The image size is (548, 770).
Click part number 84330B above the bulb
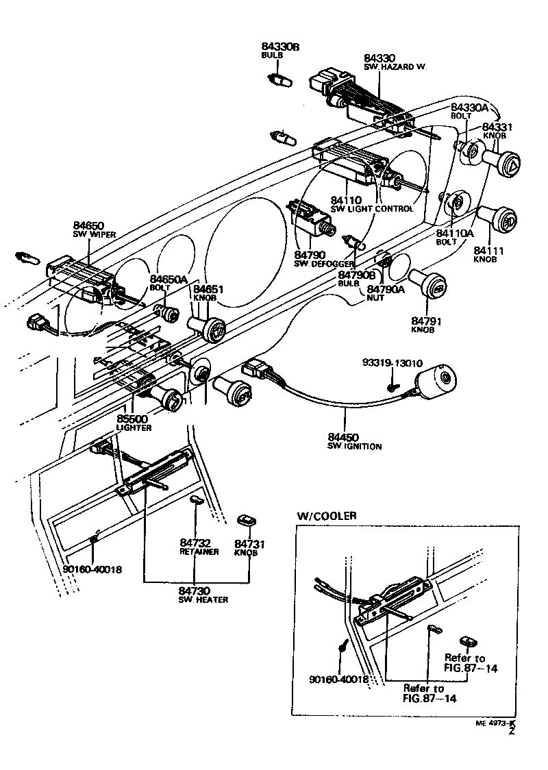click(x=281, y=47)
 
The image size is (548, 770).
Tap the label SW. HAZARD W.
click(x=395, y=67)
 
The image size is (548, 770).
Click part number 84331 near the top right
click(x=497, y=127)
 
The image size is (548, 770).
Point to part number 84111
click(x=488, y=251)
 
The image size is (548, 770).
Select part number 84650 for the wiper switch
click(x=88, y=225)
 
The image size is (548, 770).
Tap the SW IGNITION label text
click(x=354, y=447)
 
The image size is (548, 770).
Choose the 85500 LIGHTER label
click(x=133, y=423)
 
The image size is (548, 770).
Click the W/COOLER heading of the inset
click(x=327, y=516)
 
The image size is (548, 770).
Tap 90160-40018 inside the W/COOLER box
click(x=339, y=680)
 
